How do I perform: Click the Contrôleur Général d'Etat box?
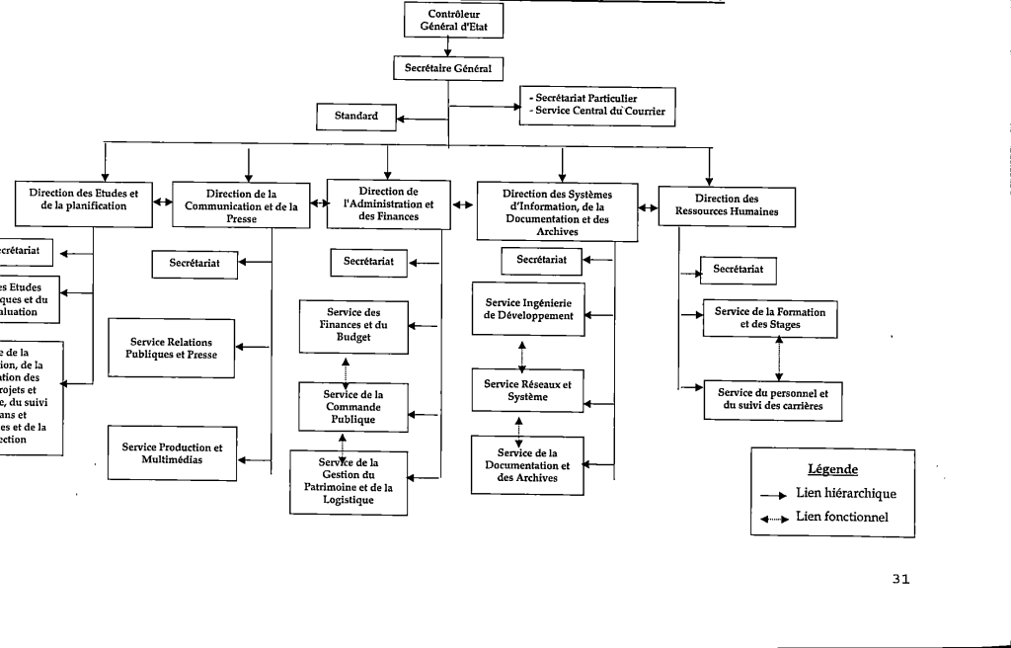[453, 21]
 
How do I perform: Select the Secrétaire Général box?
[448, 68]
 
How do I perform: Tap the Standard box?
[355, 117]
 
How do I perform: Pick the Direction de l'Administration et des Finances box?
[388, 203]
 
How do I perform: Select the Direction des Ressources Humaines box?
[713, 205]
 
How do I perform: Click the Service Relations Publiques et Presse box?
[171, 348]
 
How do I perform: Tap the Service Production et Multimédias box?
[172, 453]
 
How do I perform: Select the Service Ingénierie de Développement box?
[528, 308]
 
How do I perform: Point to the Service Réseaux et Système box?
[528, 390]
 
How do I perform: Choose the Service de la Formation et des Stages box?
[770, 318]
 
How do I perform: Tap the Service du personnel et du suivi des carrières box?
[773, 398]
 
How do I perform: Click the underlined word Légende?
[832, 469]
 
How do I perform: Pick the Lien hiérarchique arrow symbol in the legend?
[772, 495]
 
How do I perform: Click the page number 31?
[899, 580]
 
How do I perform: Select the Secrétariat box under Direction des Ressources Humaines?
[738, 269]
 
